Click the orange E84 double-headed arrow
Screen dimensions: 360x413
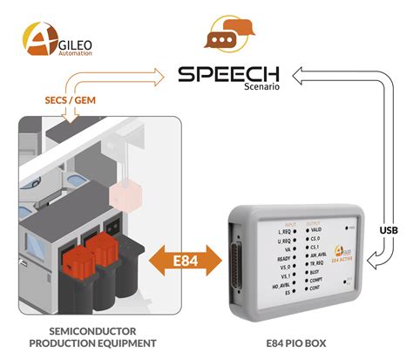(180, 259)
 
